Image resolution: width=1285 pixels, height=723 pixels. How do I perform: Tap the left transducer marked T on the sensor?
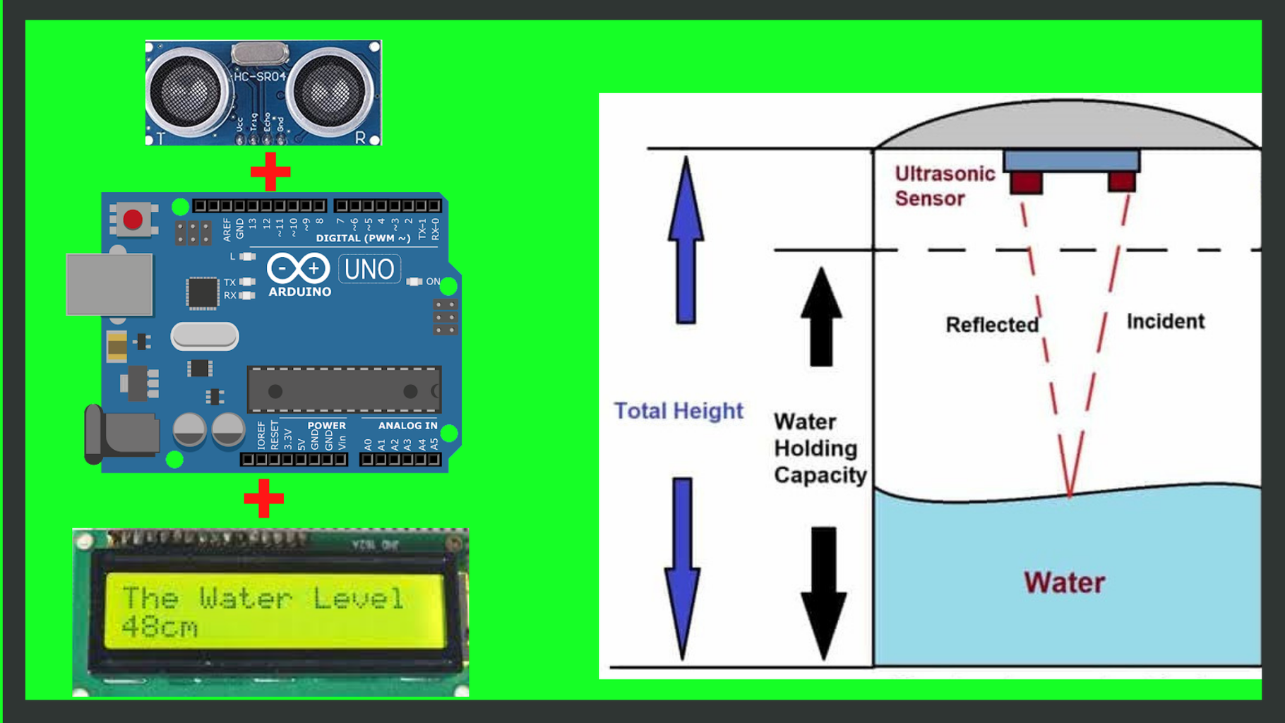[186, 92]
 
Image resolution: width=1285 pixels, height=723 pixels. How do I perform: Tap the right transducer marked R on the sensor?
[329, 92]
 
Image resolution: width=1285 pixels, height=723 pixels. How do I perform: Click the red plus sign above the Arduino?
[270, 171]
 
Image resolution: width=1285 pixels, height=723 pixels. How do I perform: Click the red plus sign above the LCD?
[263, 498]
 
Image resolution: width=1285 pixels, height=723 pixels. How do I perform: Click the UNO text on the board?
[369, 269]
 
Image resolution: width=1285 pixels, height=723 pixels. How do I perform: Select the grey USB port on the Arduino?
[109, 285]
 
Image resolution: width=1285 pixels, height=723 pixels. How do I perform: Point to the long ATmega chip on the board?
[344, 390]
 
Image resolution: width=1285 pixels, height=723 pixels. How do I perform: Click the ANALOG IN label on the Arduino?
[407, 426]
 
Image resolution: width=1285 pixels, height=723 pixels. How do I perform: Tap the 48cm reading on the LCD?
[160, 627]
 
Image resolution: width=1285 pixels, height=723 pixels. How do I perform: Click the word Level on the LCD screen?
[358, 599]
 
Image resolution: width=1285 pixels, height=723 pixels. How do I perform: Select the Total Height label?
[678, 410]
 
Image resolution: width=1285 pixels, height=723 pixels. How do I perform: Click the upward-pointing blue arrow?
[686, 240]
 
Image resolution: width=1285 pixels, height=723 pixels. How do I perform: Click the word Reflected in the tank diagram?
[991, 325]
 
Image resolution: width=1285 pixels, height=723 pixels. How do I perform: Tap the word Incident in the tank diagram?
[1165, 321]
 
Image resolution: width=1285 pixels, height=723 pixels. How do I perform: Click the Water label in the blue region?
[1064, 582]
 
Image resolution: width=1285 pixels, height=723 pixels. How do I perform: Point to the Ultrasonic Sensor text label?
[944, 186]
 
